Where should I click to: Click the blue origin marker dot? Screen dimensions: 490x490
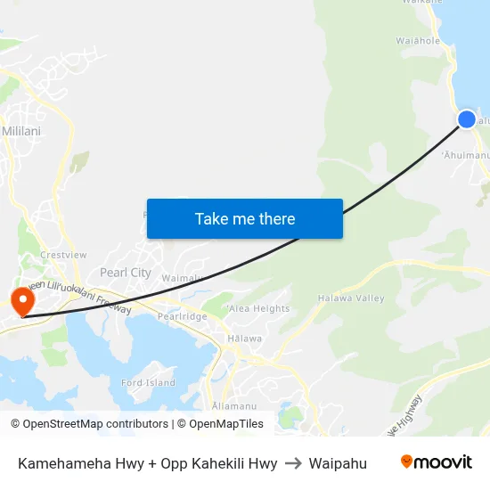pos(467,118)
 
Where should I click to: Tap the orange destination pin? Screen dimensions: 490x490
pos(20,300)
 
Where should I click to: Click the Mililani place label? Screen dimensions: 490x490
pos(20,130)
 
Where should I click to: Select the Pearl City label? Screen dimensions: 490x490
pos(126,273)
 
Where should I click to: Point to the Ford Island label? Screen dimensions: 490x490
pos(148,383)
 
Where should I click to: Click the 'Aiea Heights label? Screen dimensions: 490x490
pos(258,309)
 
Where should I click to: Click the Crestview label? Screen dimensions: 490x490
pos(63,255)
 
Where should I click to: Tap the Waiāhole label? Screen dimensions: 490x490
pos(418,40)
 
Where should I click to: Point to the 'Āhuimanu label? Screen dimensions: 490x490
pos(466,156)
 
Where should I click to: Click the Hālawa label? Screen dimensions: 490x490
pos(244,339)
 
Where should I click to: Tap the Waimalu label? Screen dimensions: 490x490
pos(184,277)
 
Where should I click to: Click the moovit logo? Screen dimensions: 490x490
pos(436,462)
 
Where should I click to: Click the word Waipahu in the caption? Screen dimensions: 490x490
pos(338,463)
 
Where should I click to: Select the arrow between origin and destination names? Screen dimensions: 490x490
pos(293,463)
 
